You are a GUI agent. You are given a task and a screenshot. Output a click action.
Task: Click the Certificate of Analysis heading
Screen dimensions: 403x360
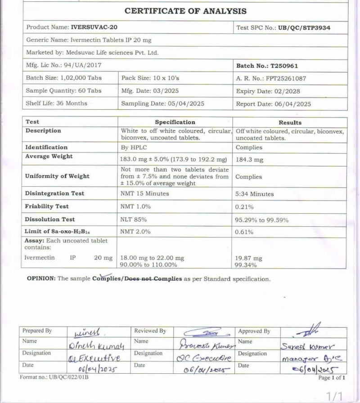(185, 11)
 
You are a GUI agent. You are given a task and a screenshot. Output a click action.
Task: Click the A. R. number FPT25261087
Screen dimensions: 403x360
(283, 78)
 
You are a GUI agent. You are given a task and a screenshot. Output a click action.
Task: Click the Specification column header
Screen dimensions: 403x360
(175, 122)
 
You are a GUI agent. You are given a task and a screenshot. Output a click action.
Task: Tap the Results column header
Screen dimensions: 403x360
(290, 122)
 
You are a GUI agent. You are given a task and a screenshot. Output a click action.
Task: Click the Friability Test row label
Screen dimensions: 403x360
(47, 206)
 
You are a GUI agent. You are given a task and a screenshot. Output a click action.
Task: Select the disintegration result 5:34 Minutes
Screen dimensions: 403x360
(255, 194)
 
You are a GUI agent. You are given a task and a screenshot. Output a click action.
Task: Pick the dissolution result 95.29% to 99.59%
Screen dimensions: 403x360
(262, 220)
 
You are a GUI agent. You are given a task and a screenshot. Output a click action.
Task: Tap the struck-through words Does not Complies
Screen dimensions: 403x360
(154, 279)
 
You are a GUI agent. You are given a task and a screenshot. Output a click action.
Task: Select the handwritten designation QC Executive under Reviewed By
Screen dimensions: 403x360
(203, 358)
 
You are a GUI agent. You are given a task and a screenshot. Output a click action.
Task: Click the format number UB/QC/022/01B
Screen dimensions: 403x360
(54, 376)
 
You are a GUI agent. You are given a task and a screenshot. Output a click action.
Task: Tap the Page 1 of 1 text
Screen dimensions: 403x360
(332, 378)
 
